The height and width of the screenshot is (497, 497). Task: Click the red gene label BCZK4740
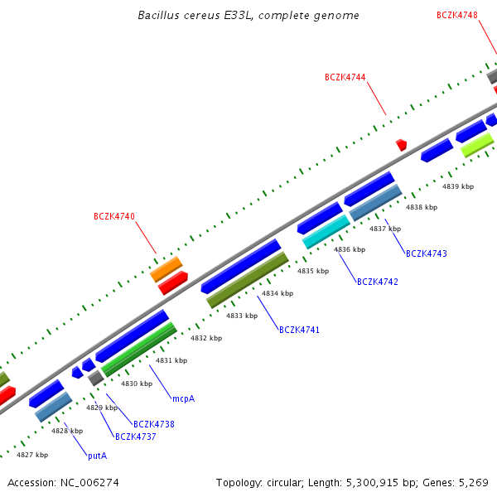point(113,217)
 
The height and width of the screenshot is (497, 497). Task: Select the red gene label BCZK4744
point(345,77)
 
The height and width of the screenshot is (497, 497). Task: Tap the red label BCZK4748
point(457,15)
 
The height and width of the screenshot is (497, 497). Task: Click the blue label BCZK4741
point(299,331)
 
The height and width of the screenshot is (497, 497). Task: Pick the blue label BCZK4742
point(378,282)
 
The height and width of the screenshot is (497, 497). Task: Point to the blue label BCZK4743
point(426,253)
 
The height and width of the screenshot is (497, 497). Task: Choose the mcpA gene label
point(183,399)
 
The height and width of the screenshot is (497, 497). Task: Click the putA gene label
point(98,456)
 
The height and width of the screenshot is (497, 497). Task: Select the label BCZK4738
point(153,424)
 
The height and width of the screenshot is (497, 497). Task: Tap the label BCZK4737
point(136,437)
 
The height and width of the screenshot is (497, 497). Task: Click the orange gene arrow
point(166,269)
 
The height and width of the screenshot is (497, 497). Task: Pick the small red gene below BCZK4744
point(402,145)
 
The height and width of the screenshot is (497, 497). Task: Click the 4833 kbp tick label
point(242,316)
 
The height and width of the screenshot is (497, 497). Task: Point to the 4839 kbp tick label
point(458,187)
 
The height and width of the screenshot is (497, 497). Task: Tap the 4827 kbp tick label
point(32,455)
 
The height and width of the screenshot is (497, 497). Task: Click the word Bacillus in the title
point(158,16)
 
